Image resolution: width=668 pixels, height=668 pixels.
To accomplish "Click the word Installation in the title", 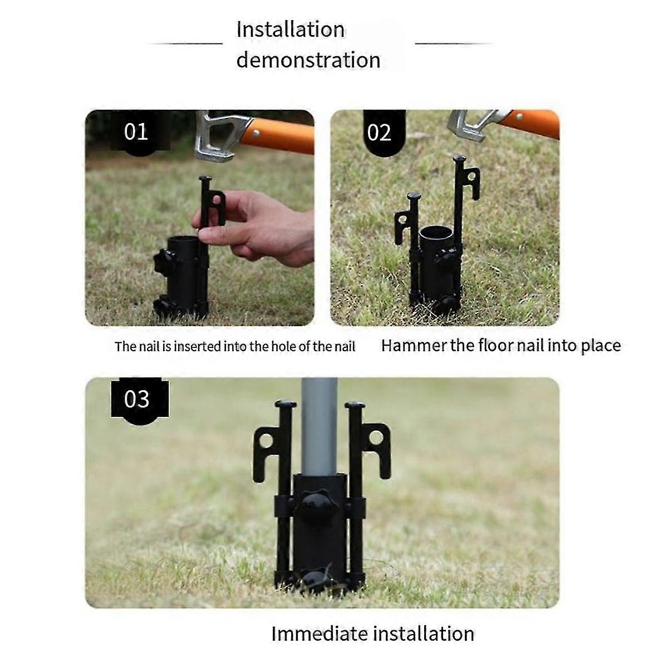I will pyautogui.click(x=290, y=30).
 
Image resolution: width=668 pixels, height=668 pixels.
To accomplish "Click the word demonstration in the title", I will pyautogui.click(x=308, y=60).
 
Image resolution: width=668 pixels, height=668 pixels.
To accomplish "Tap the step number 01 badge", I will pyautogui.click(x=136, y=132).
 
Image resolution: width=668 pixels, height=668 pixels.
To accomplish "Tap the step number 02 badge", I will pyautogui.click(x=379, y=133).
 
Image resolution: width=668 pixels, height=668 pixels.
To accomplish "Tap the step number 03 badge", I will pyautogui.click(x=136, y=399).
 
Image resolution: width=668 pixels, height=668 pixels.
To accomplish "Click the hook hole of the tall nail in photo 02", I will pyautogui.click(x=473, y=176).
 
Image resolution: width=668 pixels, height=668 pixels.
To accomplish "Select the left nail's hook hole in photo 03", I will pyautogui.click(x=266, y=441).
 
